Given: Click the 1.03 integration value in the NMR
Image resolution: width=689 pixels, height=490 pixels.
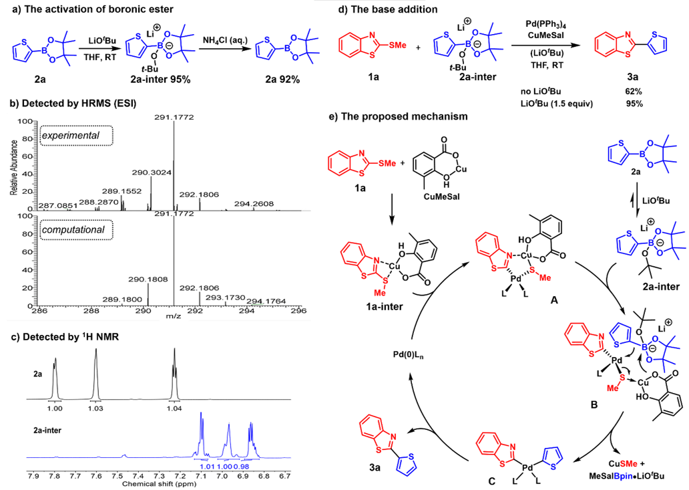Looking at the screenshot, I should click(x=96, y=407).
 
